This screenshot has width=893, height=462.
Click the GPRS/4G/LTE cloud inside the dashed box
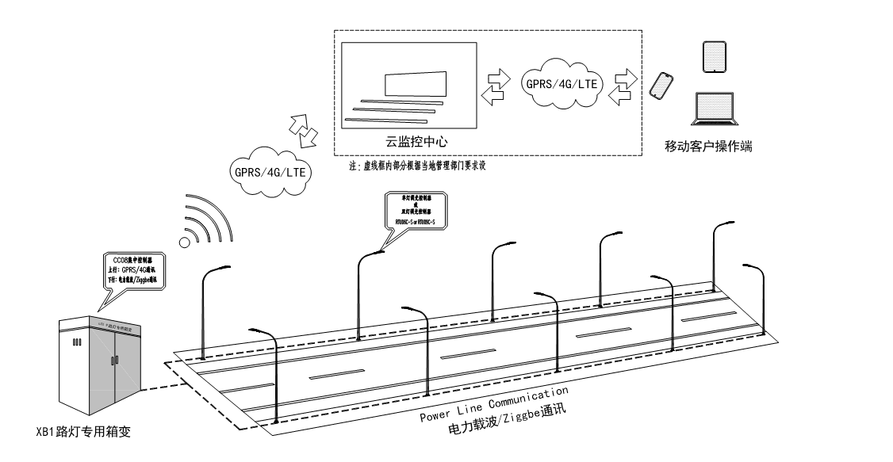pos(561,82)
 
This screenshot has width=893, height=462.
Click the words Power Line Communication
pos(494,404)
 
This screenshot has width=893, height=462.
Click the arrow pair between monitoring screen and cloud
pos(499,84)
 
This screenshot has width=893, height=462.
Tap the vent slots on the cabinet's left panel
pos(77,343)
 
